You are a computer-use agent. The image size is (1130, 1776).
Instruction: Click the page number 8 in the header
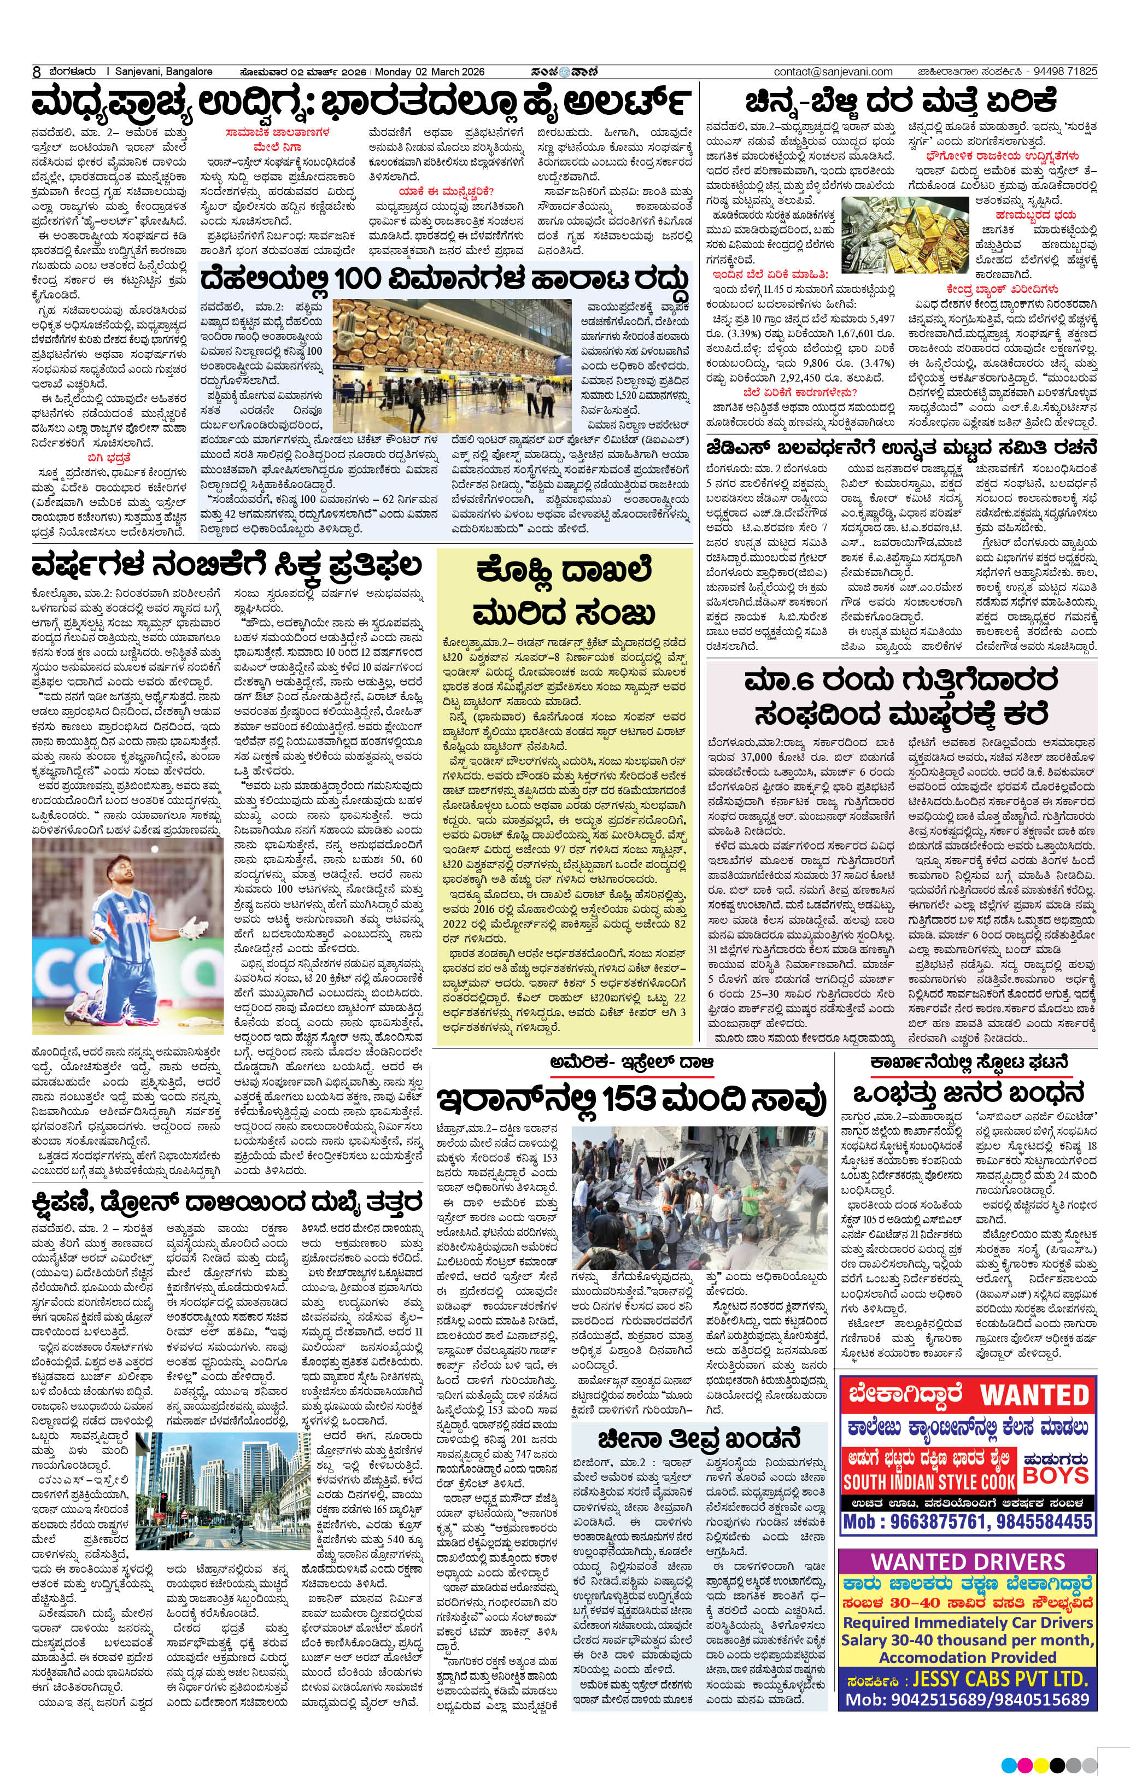pyautogui.click(x=36, y=72)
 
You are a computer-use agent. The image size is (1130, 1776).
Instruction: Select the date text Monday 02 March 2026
pyautogui.click(x=430, y=72)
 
